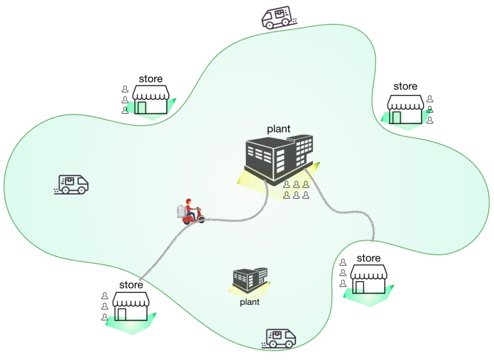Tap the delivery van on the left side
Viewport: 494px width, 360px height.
click(x=73, y=184)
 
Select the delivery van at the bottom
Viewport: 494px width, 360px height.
click(x=280, y=338)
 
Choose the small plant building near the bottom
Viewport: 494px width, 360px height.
click(x=250, y=280)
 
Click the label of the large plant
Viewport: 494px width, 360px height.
click(x=278, y=129)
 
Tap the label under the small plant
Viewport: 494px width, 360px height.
click(x=250, y=302)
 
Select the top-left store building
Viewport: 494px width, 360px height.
click(x=150, y=99)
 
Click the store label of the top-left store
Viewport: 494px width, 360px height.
click(x=150, y=79)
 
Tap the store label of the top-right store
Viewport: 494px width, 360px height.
click(x=405, y=87)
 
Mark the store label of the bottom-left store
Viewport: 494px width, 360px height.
click(x=131, y=285)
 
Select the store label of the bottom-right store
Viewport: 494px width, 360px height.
click(x=368, y=258)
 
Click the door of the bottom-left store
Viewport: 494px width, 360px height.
click(x=122, y=314)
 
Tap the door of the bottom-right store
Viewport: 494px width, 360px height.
click(x=359, y=287)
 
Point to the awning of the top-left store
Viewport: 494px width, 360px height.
click(x=150, y=93)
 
